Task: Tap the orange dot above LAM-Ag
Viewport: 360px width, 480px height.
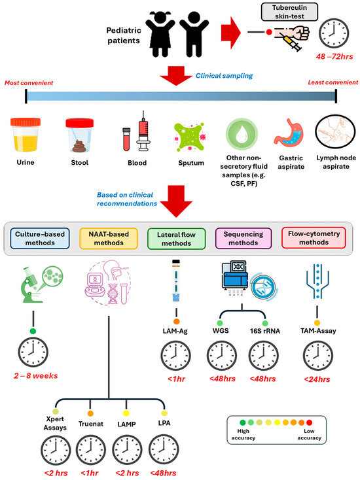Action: (175, 322)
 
